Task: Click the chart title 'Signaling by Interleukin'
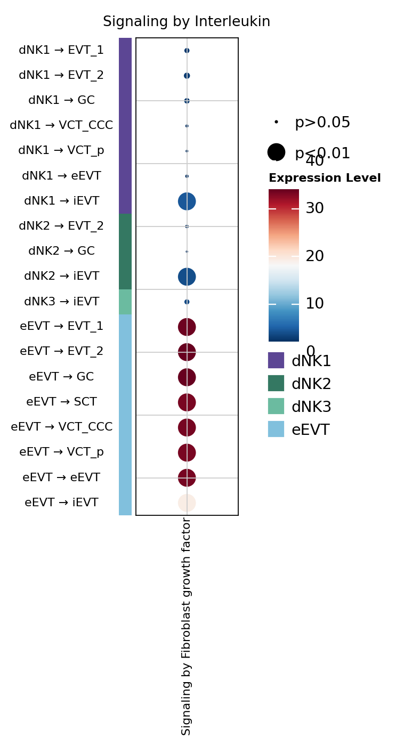click(187, 22)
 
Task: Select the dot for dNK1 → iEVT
click(187, 201)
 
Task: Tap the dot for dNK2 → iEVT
click(187, 277)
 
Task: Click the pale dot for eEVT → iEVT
click(187, 503)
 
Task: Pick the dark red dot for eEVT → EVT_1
click(187, 327)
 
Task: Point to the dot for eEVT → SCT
click(187, 402)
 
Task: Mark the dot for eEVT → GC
click(187, 377)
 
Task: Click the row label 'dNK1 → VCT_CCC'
click(61, 126)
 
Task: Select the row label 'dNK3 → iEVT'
click(61, 302)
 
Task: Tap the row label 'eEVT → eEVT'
click(61, 477)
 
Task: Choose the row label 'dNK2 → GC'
click(61, 251)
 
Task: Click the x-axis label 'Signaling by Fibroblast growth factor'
click(186, 626)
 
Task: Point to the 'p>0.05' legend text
click(322, 123)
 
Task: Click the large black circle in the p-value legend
click(276, 152)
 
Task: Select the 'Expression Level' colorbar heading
click(325, 178)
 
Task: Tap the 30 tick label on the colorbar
click(314, 208)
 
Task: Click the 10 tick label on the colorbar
click(314, 304)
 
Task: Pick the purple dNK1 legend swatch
click(276, 360)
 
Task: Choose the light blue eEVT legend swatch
click(276, 429)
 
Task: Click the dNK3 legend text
click(311, 407)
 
